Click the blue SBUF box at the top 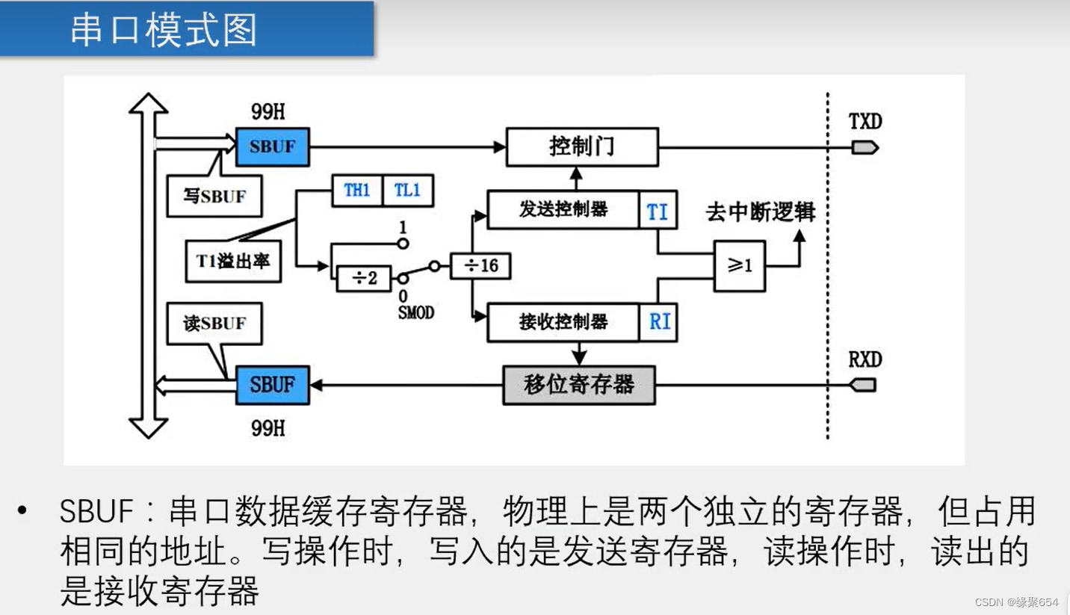click(272, 146)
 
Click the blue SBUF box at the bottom click(272, 385)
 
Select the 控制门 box click(582, 146)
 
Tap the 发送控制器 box click(563, 210)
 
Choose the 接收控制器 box click(563, 322)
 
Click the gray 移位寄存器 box click(578, 385)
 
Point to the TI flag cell click(658, 211)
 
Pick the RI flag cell click(659, 322)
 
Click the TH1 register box click(356, 191)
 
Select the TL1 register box click(407, 191)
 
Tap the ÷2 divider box click(364, 279)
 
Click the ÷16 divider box click(480, 266)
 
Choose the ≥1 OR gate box click(739, 265)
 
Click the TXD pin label click(865, 121)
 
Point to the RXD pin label click(865, 359)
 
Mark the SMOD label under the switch click(415, 312)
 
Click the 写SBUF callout click(214, 196)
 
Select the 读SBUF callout click(214, 324)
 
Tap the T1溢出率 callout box click(233, 261)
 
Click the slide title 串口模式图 click(164, 30)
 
